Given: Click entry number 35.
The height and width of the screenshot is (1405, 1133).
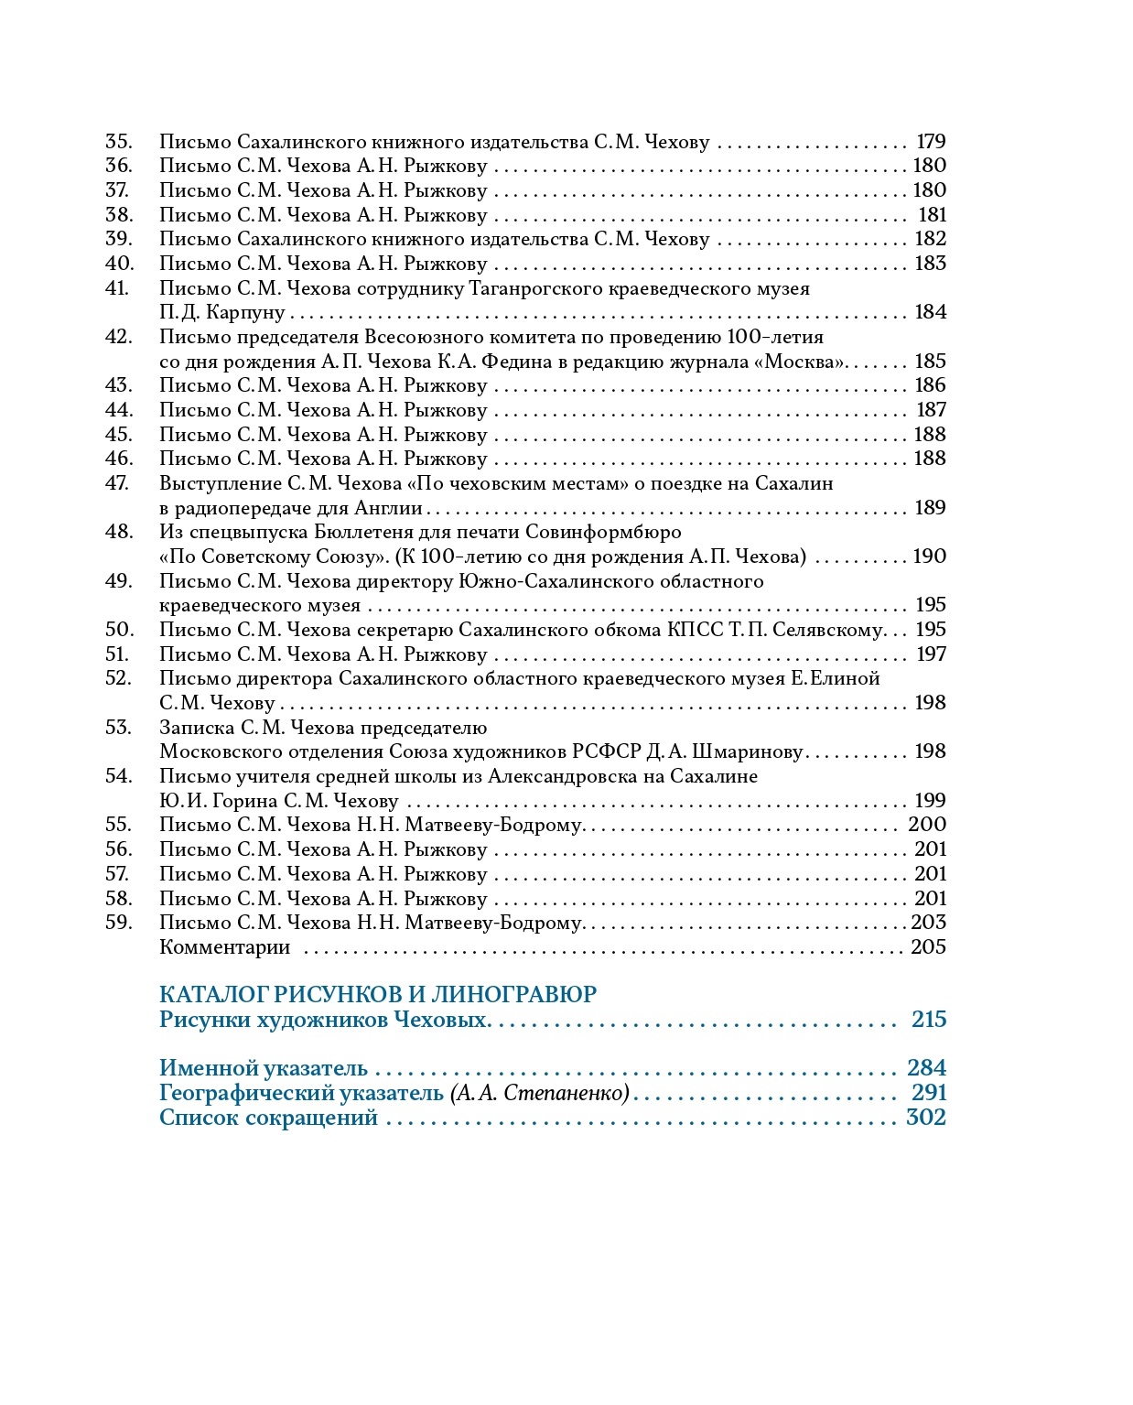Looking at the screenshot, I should coord(119,142).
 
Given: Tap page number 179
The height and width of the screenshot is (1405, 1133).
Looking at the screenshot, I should coord(931,142).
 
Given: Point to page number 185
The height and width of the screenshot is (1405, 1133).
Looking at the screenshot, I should coord(930,362).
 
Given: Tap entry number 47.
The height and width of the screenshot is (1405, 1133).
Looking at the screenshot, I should coord(119,483).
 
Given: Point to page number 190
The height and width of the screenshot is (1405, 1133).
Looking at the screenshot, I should coord(929,557).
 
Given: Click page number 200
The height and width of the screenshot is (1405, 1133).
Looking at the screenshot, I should coord(927,825).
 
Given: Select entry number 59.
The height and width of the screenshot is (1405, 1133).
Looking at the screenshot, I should coord(119,923).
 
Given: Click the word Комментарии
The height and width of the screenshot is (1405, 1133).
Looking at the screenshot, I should coord(224,947).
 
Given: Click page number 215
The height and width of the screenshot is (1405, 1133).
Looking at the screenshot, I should coord(929,1020).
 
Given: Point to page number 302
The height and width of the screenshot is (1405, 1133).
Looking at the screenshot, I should coord(925,1118).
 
